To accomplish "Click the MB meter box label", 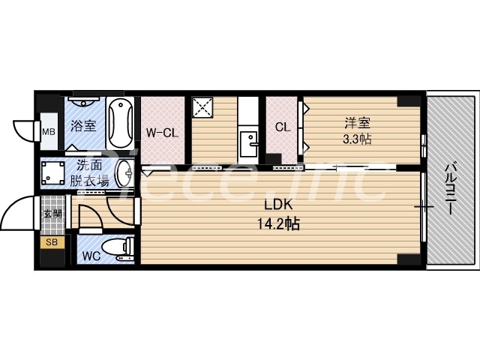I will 48,133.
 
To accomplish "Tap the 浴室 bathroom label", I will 83,125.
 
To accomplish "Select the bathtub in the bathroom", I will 118,124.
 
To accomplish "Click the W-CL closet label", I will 161,133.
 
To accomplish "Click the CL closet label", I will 283,127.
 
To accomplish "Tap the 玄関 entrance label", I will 52,213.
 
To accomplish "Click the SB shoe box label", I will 52,242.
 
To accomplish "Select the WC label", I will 91,254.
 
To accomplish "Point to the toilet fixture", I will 119,248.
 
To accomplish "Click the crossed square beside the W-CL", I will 203,108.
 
